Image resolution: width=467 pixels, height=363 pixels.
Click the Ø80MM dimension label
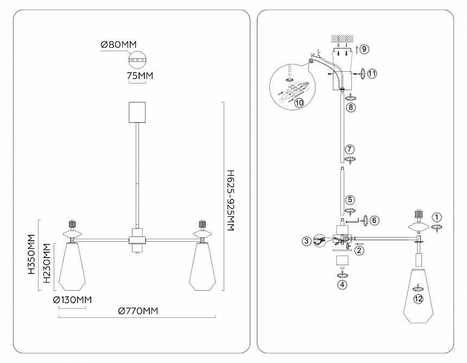118,46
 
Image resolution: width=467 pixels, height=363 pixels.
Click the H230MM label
48,264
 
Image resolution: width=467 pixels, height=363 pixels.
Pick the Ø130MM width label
72,300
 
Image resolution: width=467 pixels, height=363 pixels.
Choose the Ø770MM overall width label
138,311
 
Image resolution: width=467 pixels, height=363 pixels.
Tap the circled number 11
371,73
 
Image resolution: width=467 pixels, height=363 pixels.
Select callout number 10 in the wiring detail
298,102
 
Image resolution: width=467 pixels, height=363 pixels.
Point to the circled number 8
350,107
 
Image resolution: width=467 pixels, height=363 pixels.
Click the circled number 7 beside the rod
350,148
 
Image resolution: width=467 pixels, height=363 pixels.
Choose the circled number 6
374,220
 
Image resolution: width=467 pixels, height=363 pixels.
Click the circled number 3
307,241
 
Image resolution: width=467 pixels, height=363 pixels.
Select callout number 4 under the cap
342,283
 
